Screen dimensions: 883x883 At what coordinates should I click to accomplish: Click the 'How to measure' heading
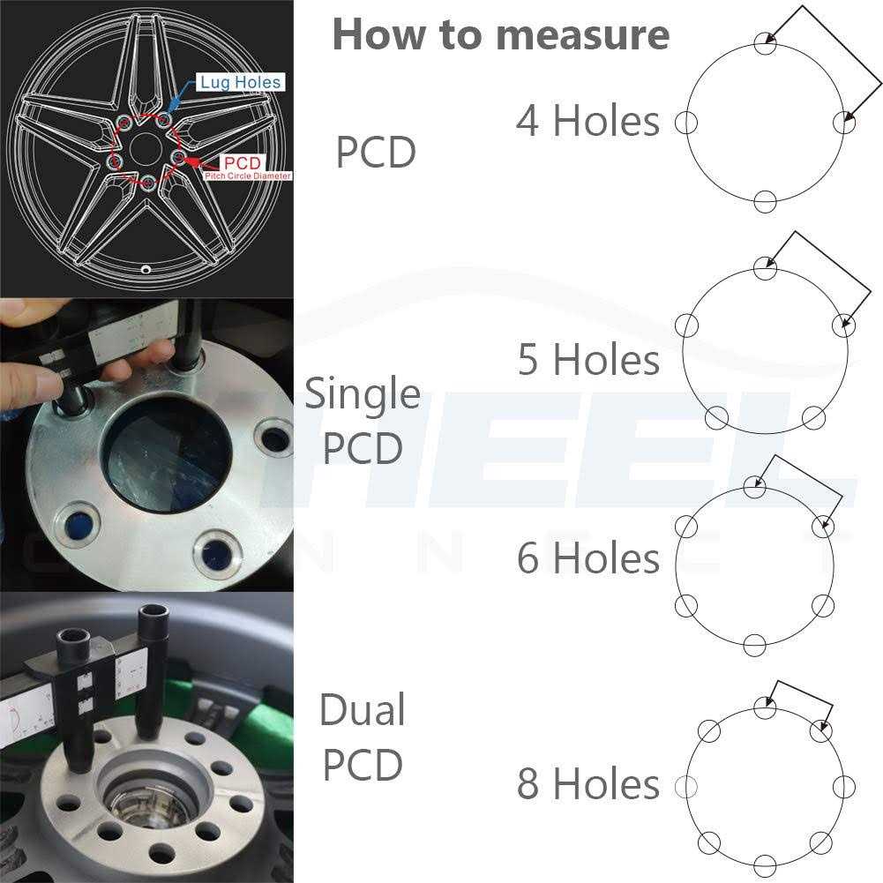pyautogui.click(x=500, y=34)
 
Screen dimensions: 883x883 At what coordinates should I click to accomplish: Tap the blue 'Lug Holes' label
pyautogui.click(x=240, y=82)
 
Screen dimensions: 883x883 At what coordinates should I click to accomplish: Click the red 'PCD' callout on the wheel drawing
pyautogui.click(x=242, y=163)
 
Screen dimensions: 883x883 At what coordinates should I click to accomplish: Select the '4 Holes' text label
pyautogui.click(x=587, y=121)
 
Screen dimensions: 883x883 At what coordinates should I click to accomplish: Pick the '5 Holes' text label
pyautogui.click(x=588, y=360)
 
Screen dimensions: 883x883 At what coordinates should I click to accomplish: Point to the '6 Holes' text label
pyautogui.click(x=588, y=558)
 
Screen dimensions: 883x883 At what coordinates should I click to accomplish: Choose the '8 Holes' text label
pyautogui.click(x=588, y=784)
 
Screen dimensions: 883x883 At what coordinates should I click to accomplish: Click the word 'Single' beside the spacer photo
pyautogui.click(x=362, y=393)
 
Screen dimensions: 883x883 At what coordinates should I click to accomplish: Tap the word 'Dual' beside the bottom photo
pyautogui.click(x=362, y=710)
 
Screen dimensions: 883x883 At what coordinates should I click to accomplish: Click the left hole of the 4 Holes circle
pyautogui.click(x=686, y=123)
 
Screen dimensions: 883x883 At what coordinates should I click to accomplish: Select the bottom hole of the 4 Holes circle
pyautogui.click(x=765, y=202)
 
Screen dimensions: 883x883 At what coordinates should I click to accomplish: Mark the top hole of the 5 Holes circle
pyautogui.click(x=765, y=268)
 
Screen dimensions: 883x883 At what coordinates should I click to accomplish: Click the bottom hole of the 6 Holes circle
pyautogui.click(x=753, y=645)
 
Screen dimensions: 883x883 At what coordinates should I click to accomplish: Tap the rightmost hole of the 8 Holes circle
pyautogui.click(x=844, y=786)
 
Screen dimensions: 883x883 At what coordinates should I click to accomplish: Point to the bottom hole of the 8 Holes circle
pyautogui.click(x=765, y=865)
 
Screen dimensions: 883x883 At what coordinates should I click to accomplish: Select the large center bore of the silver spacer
pyautogui.click(x=166, y=455)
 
